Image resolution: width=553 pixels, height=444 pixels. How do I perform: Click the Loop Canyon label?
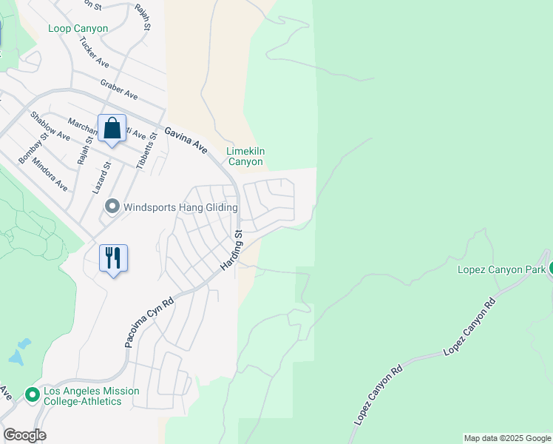click(x=78, y=29)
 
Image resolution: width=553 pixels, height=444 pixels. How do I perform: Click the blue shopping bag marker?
click(x=112, y=129)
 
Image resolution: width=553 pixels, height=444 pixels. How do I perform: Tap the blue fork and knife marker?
click(x=113, y=258)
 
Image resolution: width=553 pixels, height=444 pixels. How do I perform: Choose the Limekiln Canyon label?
click(x=245, y=156)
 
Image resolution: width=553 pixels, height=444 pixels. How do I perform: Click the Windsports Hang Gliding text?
click(x=180, y=207)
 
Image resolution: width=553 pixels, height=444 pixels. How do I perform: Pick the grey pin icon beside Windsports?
click(x=112, y=206)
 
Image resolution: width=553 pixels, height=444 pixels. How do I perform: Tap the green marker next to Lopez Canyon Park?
click(x=549, y=269)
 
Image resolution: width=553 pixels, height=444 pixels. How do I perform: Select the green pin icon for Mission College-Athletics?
click(x=32, y=395)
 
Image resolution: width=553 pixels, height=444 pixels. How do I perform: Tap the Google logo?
click(x=24, y=435)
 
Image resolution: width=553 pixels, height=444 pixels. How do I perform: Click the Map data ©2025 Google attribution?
click(x=507, y=439)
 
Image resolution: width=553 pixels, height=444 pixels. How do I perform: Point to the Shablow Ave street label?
click(x=50, y=127)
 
